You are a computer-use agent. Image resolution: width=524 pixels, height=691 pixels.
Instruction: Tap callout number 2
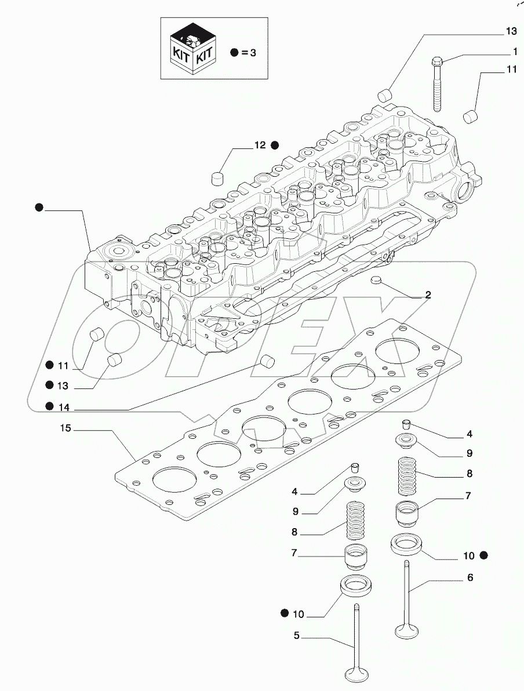428,295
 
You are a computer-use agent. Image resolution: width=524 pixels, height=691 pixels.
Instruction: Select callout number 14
64,408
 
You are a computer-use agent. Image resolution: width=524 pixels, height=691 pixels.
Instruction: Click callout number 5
296,635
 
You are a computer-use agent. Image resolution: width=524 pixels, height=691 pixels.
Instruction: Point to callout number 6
470,577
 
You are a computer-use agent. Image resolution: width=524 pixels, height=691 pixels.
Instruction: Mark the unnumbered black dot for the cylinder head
39,206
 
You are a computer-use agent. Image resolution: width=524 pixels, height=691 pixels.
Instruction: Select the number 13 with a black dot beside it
63,385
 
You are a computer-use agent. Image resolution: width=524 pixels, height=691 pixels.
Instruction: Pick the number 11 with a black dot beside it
63,365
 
